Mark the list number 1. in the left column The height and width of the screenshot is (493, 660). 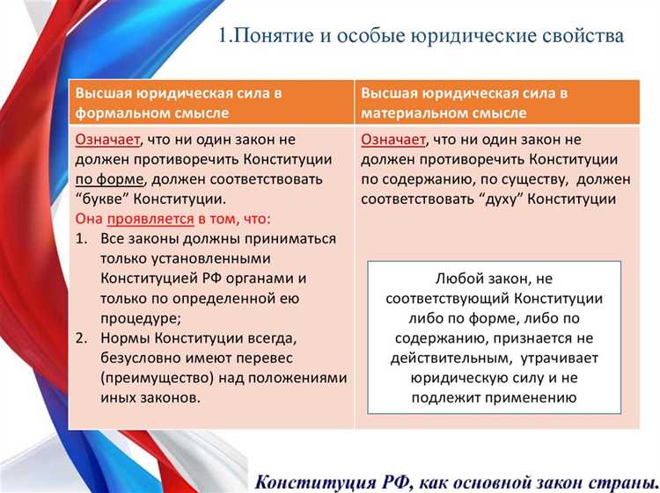pos(82,238)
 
